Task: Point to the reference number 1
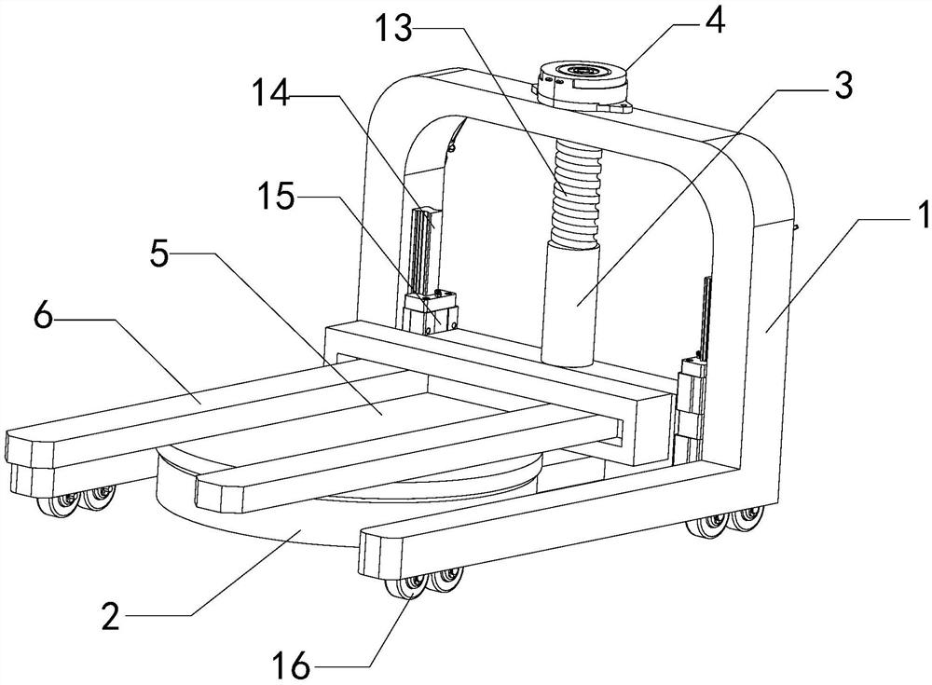pyautogui.click(x=920, y=218)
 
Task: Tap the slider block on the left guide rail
pyautogui.click(x=433, y=309)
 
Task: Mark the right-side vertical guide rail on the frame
pyautogui.click(x=704, y=317)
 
